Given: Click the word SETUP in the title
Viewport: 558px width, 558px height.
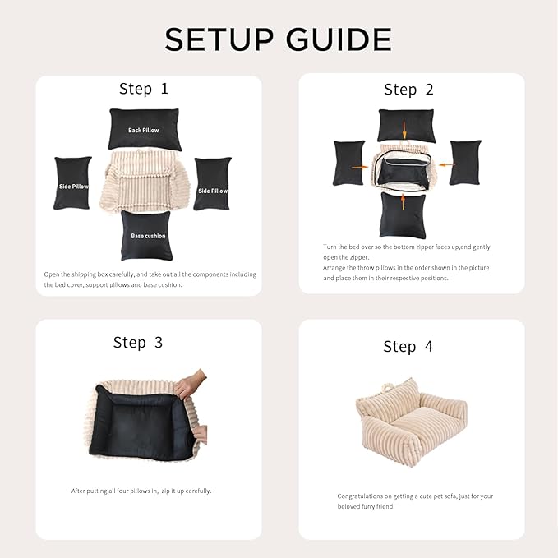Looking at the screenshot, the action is pyautogui.click(x=219, y=39).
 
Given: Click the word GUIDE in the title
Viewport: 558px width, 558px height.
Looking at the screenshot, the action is pyautogui.click(x=339, y=39).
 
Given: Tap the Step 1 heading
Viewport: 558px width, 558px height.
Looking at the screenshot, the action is pyautogui.click(x=144, y=89).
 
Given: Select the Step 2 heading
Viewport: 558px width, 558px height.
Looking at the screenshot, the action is pyautogui.click(x=408, y=90).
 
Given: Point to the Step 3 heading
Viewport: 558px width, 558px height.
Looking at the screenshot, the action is pyautogui.click(x=138, y=343).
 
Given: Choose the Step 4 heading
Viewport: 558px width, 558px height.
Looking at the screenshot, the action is pyautogui.click(x=408, y=347).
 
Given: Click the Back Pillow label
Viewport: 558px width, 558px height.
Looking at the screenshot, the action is pyautogui.click(x=144, y=130).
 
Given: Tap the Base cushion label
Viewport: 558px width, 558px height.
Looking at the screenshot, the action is pyautogui.click(x=148, y=236).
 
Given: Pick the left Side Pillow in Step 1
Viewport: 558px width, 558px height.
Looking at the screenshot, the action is pyautogui.click(x=72, y=183).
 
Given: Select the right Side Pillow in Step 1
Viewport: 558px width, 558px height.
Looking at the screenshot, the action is pyautogui.click(x=213, y=183).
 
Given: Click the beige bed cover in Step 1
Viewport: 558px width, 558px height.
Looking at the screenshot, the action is pyautogui.click(x=144, y=181).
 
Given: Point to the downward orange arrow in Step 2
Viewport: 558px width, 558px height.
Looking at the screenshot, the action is pyautogui.click(x=404, y=130).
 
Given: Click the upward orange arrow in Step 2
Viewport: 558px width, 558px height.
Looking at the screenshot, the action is pyautogui.click(x=403, y=202).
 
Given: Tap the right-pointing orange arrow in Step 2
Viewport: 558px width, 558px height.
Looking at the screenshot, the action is pyautogui.click(x=360, y=167).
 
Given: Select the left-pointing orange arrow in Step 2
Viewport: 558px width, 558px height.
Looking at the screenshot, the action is pyautogui.click(x=446, y=164).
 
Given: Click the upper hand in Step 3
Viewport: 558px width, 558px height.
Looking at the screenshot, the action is pyautogui.click(x=191, y=384).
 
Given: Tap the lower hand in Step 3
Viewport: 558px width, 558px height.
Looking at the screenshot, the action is pyautogui.click(x=201, y=434).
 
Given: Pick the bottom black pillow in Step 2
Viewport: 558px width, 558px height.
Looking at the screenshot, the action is pyautogui.click(x=403, y=215).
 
